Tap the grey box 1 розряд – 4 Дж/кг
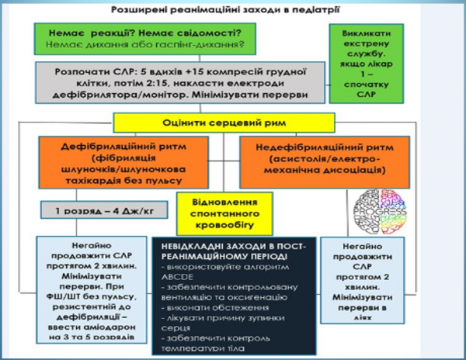click(103, 211)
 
